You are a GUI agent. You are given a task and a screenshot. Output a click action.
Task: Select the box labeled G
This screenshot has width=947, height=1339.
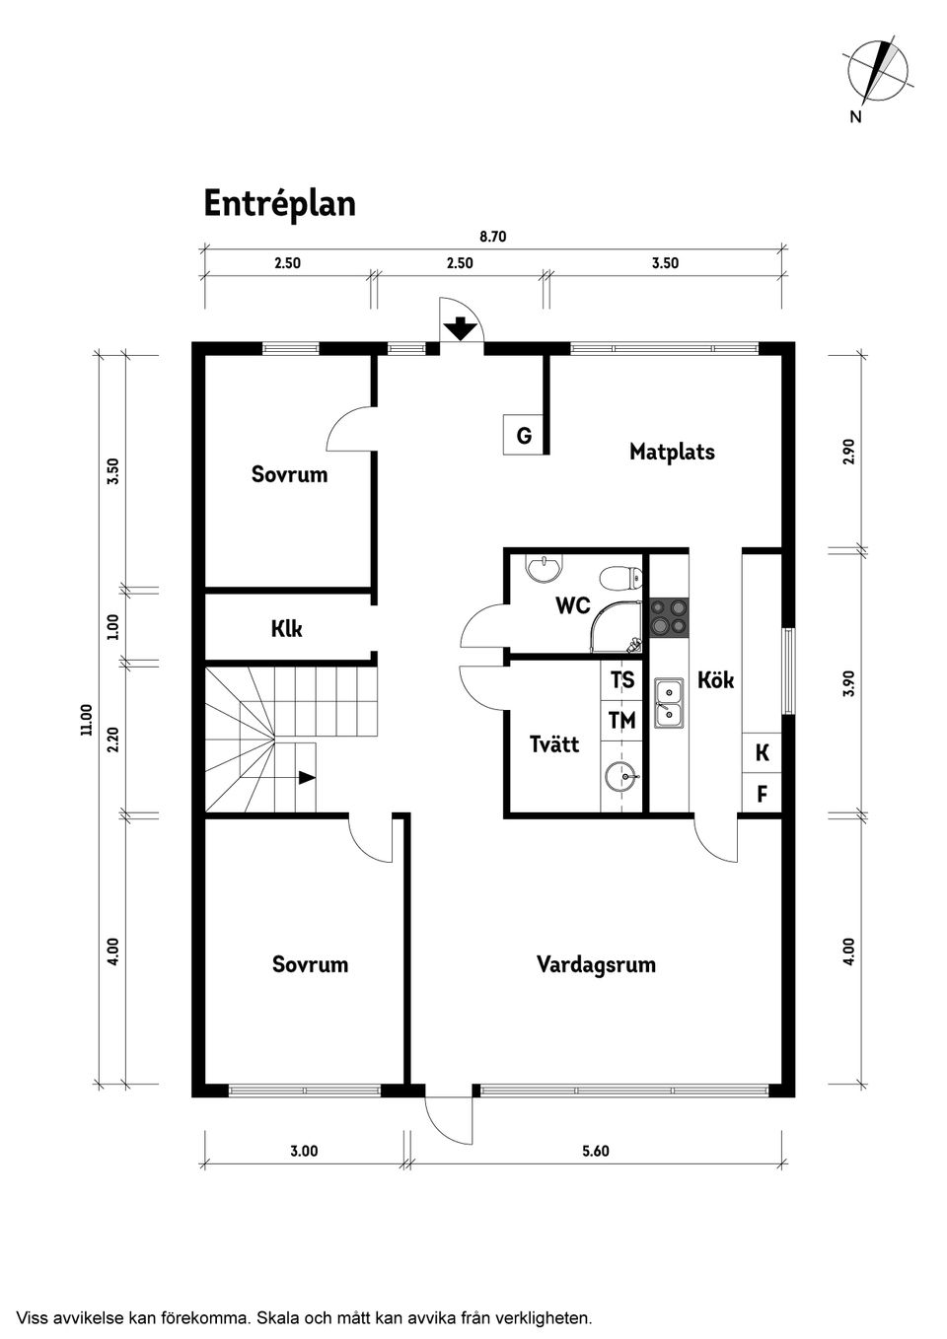(x=524, y=435)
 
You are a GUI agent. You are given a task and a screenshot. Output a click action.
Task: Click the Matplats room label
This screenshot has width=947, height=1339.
(x=672, y=452)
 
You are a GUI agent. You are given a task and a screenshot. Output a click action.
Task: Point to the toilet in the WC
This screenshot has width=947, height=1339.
(x=620, y=578)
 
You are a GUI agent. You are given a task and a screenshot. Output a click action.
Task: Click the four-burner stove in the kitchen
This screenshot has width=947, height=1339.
(x=669, y=617)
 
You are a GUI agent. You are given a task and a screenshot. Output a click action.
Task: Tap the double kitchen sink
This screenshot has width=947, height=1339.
(x=669, y=703)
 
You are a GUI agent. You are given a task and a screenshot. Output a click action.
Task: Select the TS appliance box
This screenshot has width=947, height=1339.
(x=621, y=679)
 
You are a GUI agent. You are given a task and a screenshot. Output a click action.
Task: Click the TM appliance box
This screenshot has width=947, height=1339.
(x=621, y=721)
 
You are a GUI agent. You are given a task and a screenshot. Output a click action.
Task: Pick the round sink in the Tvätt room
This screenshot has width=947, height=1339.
(x=621, y=777)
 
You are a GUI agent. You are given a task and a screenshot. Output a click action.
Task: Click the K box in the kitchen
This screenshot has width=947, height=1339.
(x=762, y=753)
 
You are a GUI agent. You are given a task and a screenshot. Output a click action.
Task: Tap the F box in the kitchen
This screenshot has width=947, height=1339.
(x=762, y=794)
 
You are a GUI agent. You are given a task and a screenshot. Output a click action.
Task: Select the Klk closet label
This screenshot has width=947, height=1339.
(x=286, y=629)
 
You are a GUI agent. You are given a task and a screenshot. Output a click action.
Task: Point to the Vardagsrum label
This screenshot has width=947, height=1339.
(x=596, y=964)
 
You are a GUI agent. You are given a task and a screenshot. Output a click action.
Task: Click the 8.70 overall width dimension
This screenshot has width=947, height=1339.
(x=492, y=237)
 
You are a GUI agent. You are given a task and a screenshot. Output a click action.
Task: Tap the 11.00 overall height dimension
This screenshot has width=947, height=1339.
(x=87, y=719)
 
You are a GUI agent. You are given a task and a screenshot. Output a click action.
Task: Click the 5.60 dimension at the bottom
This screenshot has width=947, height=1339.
(x=596, y=1151)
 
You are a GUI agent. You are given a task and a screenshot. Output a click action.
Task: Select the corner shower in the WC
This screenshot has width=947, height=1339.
(x=617, y=626)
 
